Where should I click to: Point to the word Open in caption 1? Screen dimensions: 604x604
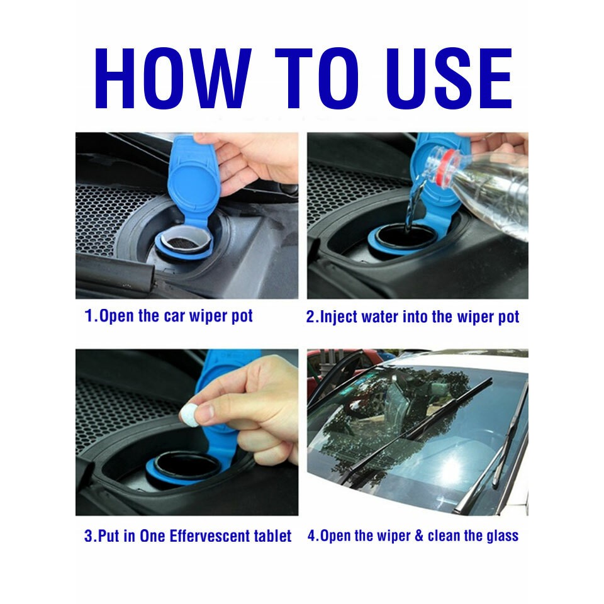pos(117,316)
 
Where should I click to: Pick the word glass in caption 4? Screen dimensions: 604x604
pos(503,536)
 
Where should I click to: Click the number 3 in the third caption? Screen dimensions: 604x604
pos(89,536)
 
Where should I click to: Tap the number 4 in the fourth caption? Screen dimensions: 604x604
pos(311,536)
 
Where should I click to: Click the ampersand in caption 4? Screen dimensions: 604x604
pos(418,536)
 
